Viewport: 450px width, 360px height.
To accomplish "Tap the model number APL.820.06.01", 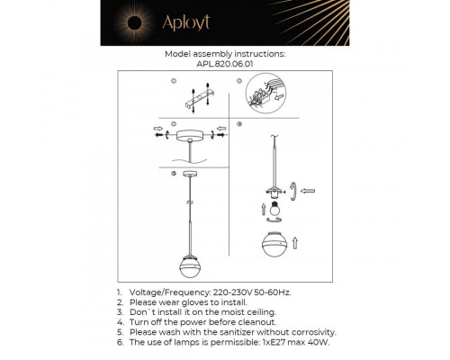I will pos(225,64).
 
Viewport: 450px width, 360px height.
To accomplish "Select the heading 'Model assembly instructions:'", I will pos(225,54).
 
